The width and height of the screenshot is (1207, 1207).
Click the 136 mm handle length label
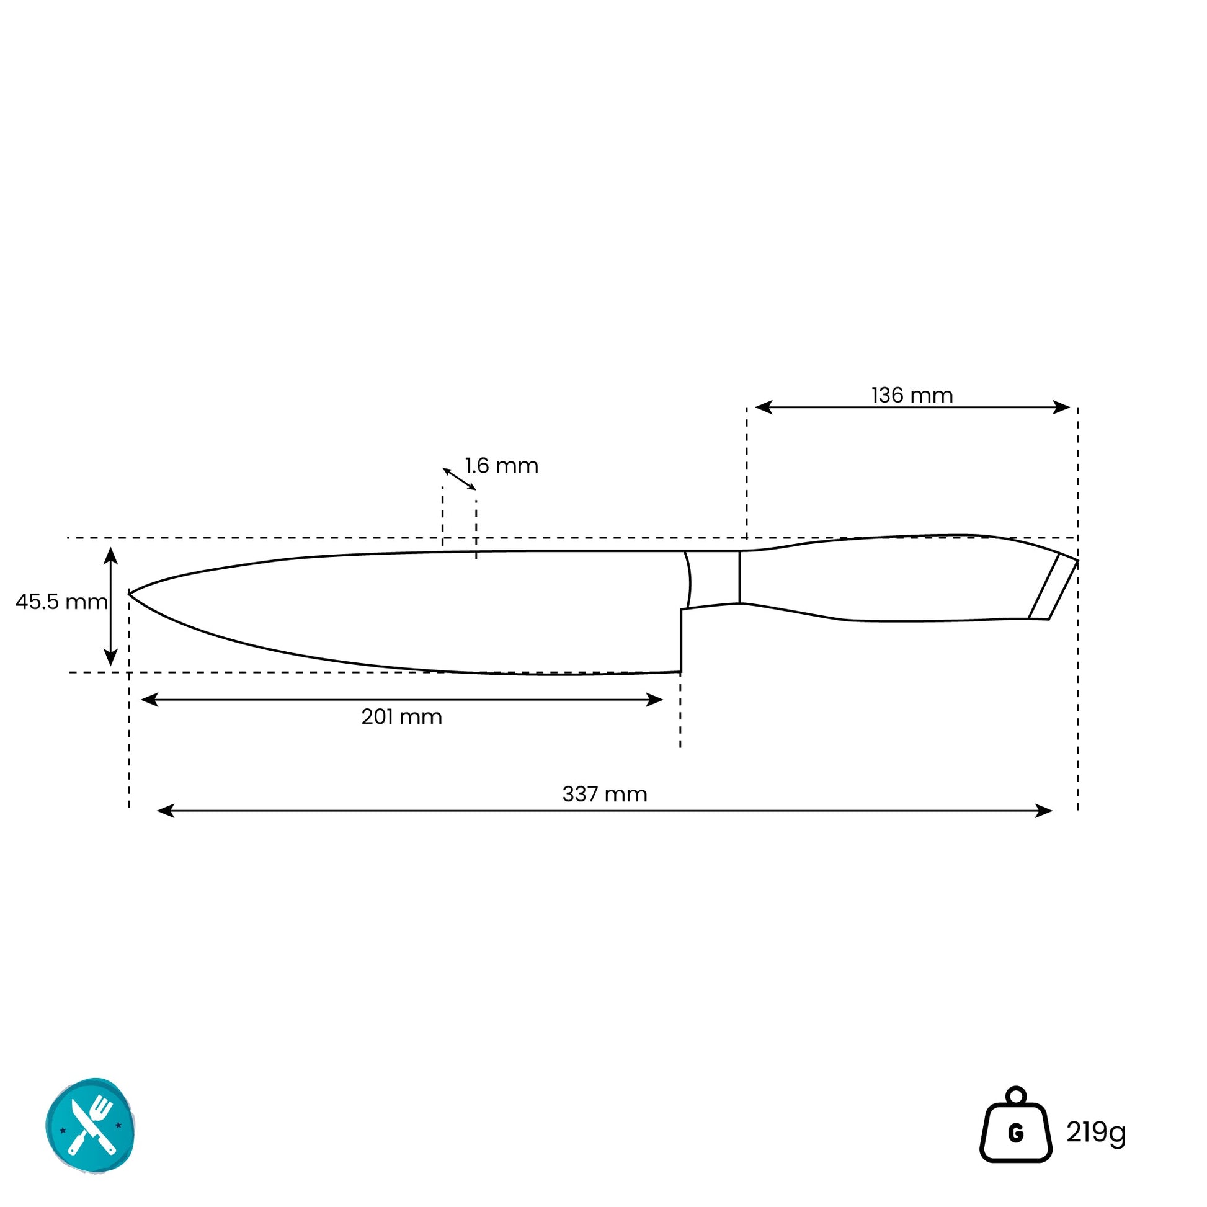coord(912,396)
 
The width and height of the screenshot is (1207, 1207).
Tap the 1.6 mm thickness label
coord(501,466)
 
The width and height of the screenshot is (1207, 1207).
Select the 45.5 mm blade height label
coord(61,602)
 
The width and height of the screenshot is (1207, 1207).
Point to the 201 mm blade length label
coord(401,716)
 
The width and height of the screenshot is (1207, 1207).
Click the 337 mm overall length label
coord(604,794)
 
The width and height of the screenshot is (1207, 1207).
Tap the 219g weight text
coord(1096,1132)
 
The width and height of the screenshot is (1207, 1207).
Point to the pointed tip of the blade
coord(129,594)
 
